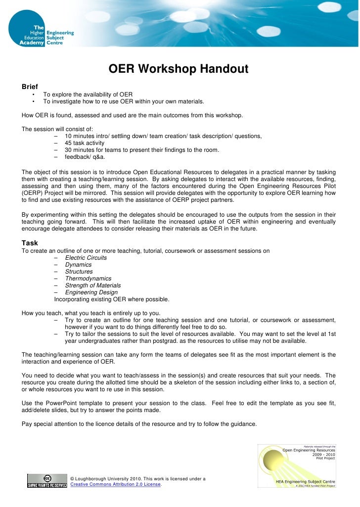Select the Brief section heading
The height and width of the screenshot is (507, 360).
pos(30,87)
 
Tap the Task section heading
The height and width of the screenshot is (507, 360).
pos(30,242)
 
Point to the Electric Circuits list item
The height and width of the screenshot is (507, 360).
pos(86,258)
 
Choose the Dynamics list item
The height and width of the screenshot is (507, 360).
pos(78,265)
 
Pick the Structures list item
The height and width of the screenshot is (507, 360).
pos(79,272)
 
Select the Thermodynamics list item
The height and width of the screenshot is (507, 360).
pos(88,278)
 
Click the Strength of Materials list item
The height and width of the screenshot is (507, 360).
pos(92,285)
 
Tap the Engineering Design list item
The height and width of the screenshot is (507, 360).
pos(91,292)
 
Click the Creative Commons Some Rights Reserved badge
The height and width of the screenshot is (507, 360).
pos(47,481)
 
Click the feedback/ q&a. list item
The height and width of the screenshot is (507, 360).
pos(85,157)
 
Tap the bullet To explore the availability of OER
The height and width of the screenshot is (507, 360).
pos(88,94)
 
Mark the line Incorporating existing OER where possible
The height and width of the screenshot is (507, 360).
pos(111,299)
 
